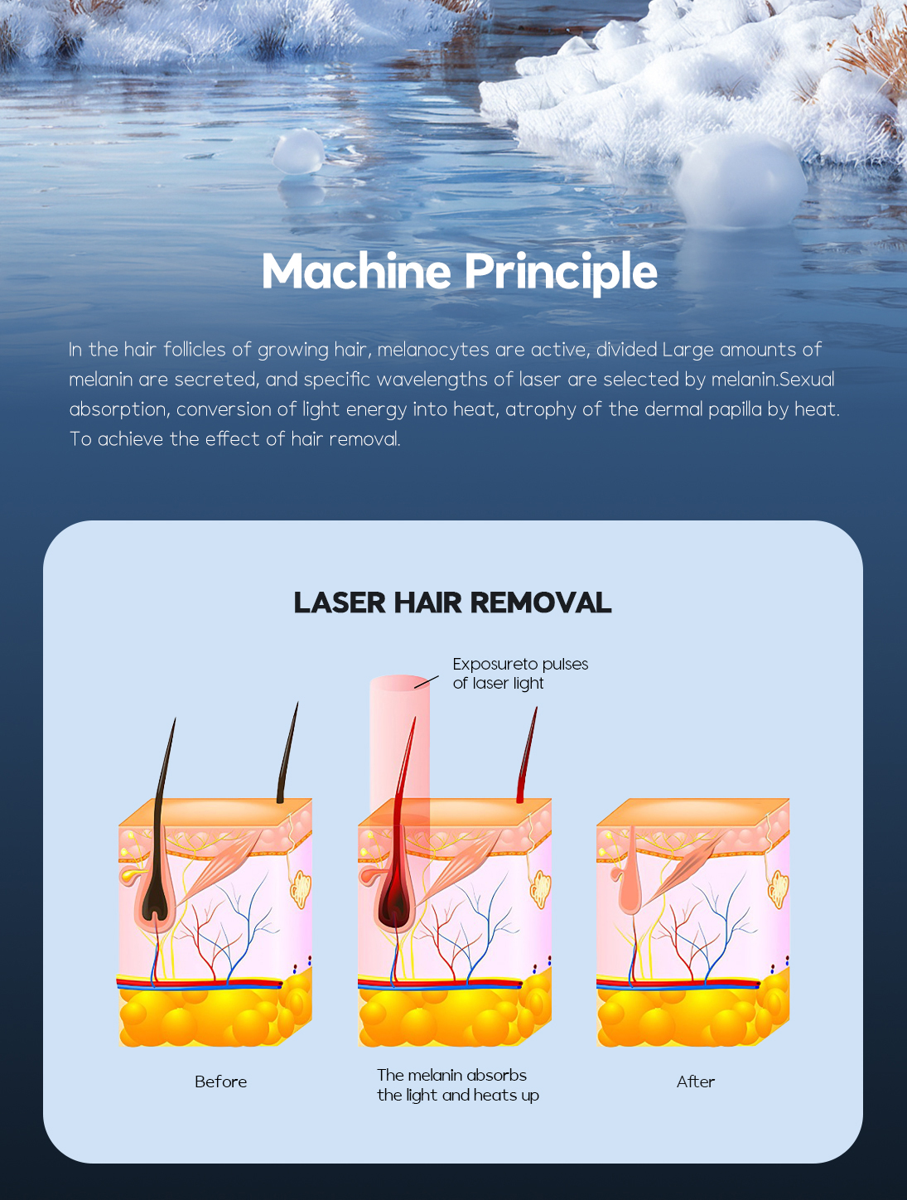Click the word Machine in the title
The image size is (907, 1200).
coord(356,271)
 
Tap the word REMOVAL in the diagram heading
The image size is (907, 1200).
coord(540,602)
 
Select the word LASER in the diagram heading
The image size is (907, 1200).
coord(340,602)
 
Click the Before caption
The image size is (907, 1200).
coord(220,1082)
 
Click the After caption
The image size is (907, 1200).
coord(696,1082)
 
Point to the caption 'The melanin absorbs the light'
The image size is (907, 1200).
coord(458,1085)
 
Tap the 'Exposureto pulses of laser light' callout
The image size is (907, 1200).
coord(520,674)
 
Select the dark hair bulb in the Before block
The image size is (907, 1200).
coord(157,906)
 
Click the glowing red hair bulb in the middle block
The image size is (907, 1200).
coord(396,905)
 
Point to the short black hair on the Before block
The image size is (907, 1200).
coord(287,754)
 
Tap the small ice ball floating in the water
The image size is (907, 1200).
coord(298,152)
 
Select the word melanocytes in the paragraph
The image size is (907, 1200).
coord(432,350)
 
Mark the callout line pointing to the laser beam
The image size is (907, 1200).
coord(427,682)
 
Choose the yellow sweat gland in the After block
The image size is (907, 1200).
coord(778,889)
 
